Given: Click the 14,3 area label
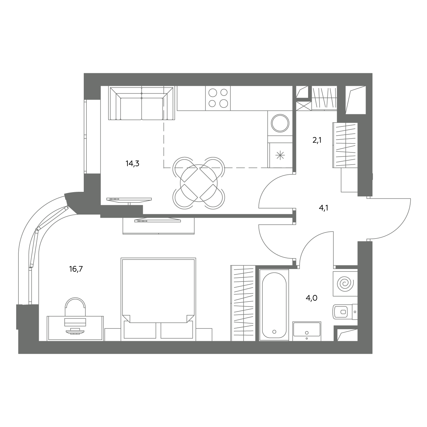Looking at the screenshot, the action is [132, 164].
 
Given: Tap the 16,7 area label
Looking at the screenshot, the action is [76, 269].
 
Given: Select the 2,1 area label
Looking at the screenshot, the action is [317, 140].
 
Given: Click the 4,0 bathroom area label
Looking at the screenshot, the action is [312, 298].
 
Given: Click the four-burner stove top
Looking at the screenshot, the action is [218, 98].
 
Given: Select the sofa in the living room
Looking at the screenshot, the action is [142, 103].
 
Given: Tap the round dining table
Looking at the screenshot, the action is [199, 183].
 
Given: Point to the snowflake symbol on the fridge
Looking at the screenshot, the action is [280, 155].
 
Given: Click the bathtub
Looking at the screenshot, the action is [274, 305].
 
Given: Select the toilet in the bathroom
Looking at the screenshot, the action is [345, 312].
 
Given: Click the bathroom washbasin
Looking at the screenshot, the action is [307, 331].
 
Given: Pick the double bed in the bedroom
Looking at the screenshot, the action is [158, 299].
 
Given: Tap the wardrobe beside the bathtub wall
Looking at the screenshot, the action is [243, 303].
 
